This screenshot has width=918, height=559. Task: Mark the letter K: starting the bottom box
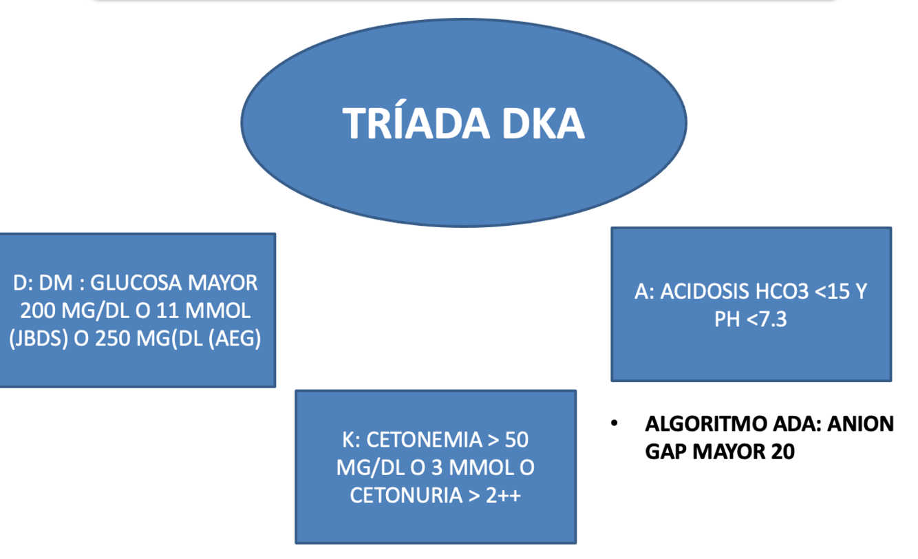pyautogui.click(x=352, y=440)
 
